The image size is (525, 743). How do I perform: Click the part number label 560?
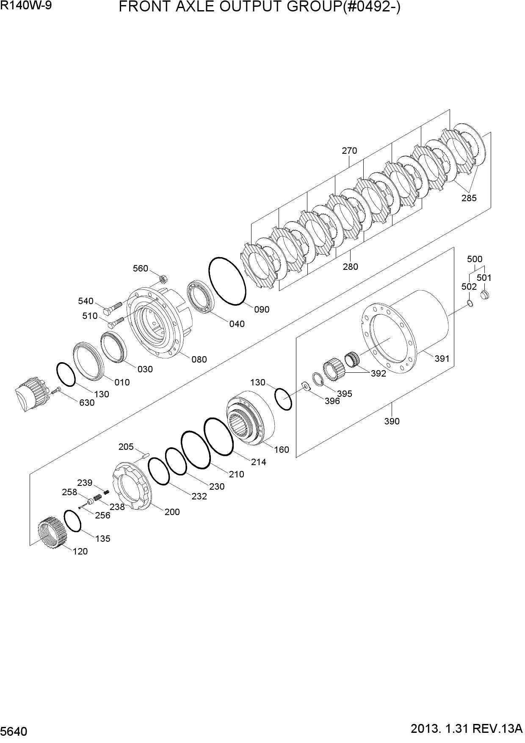pos(141,268)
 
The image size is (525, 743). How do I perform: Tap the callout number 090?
pos(262,310)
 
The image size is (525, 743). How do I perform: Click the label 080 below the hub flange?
pos(199,360)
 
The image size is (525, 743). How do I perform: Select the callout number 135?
pos(102,538)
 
